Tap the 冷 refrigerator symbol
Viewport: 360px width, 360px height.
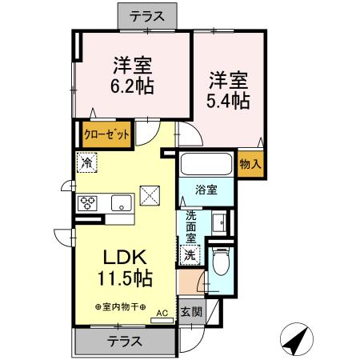86,162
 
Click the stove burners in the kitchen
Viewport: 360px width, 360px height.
86,203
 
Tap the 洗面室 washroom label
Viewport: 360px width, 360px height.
191,228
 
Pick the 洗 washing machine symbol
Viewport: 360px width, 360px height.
190,255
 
